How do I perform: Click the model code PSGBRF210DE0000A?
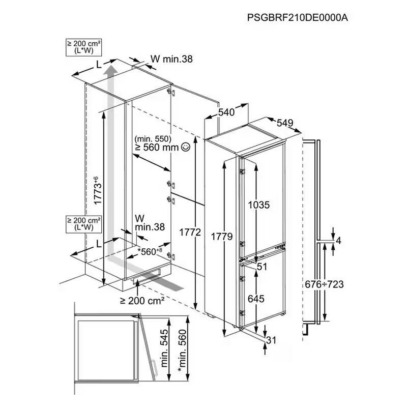(x=298, y=18)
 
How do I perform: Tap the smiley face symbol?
(x=186, y=147)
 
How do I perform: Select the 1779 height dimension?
(x=222, y=237)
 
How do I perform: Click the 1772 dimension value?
(x=190, y=232)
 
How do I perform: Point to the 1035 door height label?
(x=259, y=205)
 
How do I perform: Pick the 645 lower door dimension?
(x=256, y=299)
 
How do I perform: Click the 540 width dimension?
(x=226, y=112)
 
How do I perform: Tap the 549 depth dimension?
(x=285, y=123)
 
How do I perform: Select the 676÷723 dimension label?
(x=324, y=284)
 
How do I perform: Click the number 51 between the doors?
(x=261, y=267)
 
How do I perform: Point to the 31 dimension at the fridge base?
(x=271, y=340)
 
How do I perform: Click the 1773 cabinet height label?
(x=97, y=190)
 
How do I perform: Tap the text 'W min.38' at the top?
(x=171, y=59)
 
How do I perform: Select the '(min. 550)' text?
(x=153, y=139)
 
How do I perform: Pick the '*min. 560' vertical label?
(x=183, y=351)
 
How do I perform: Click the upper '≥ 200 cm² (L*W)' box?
(x=83, y=47)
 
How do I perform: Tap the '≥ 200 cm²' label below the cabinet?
(x=142, y=301)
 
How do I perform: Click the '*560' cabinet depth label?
(x=150, y=251)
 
